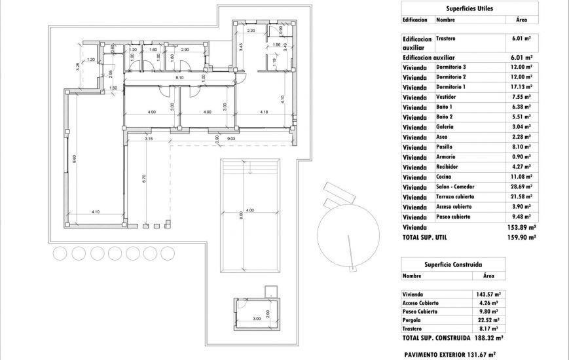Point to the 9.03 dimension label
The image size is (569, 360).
[231, 139]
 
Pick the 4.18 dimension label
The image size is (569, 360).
[264, 112]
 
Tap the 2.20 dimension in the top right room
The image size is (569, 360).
[251, 31]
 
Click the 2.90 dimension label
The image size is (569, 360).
[185, 50]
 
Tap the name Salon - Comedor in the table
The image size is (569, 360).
[455, 187]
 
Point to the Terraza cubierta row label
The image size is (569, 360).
[455, 196]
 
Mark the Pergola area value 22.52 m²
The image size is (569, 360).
[487, 320]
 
